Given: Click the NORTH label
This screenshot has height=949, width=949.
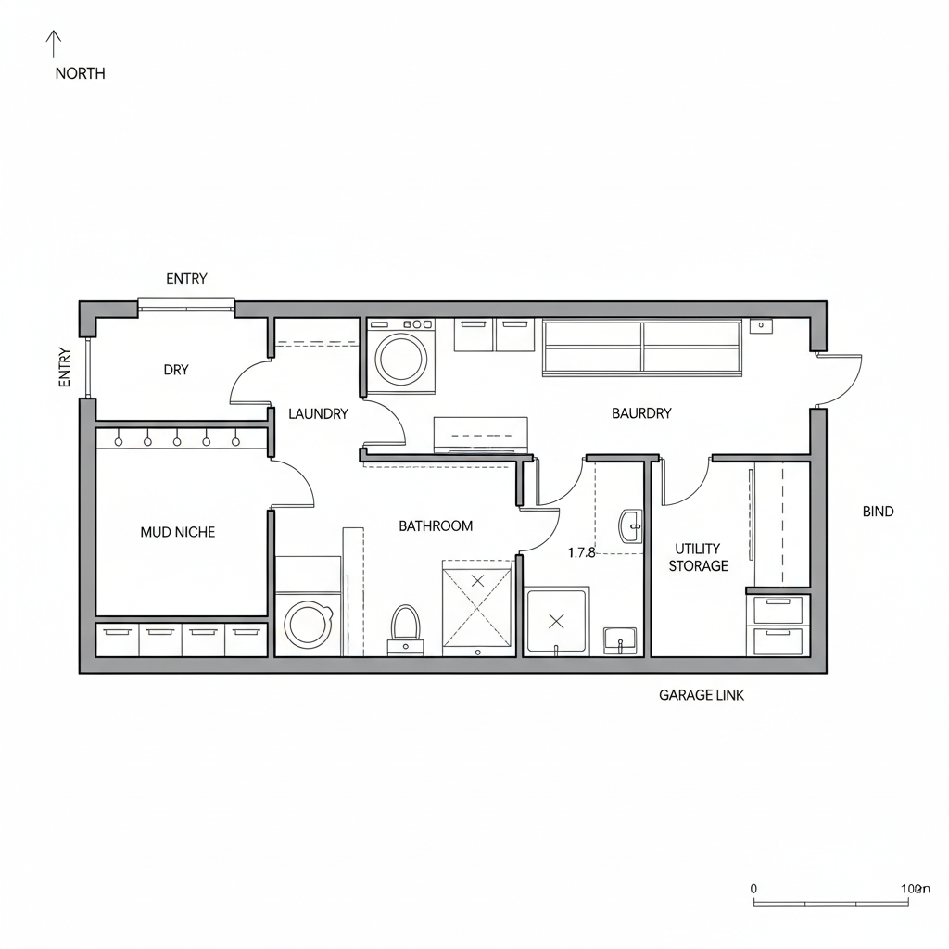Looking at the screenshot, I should click(x=80, y=73).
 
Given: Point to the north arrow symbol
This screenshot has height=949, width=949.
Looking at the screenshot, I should click(x=54, y=44).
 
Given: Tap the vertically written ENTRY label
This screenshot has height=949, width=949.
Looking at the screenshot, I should click(x=64, y=367).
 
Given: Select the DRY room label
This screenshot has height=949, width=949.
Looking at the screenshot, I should click(x=176, y=370).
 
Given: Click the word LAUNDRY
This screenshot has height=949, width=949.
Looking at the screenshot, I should click(x=318, y=414).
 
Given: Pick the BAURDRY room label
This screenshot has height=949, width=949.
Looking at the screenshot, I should click(x=641, y=413).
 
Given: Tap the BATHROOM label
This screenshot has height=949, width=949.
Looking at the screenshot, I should click(x=436, y=526).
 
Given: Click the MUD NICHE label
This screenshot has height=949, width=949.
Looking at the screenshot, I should click(x=178, y=532).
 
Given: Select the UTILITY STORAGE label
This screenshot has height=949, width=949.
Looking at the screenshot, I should click(x=698, y=557).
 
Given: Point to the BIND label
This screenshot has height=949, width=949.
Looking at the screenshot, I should click(x=878, y=512).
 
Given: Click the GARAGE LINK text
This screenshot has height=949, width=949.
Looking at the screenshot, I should click(x=701, y=695).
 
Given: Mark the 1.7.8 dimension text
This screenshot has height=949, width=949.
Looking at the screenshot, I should click(x=581, y=553).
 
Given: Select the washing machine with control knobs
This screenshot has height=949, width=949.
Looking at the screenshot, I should click(x=401, y=355).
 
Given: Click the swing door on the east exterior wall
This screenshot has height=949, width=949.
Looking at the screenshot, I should click(x=841, y=380).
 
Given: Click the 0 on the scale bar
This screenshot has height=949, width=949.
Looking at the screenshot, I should click(x=753, y=888).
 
